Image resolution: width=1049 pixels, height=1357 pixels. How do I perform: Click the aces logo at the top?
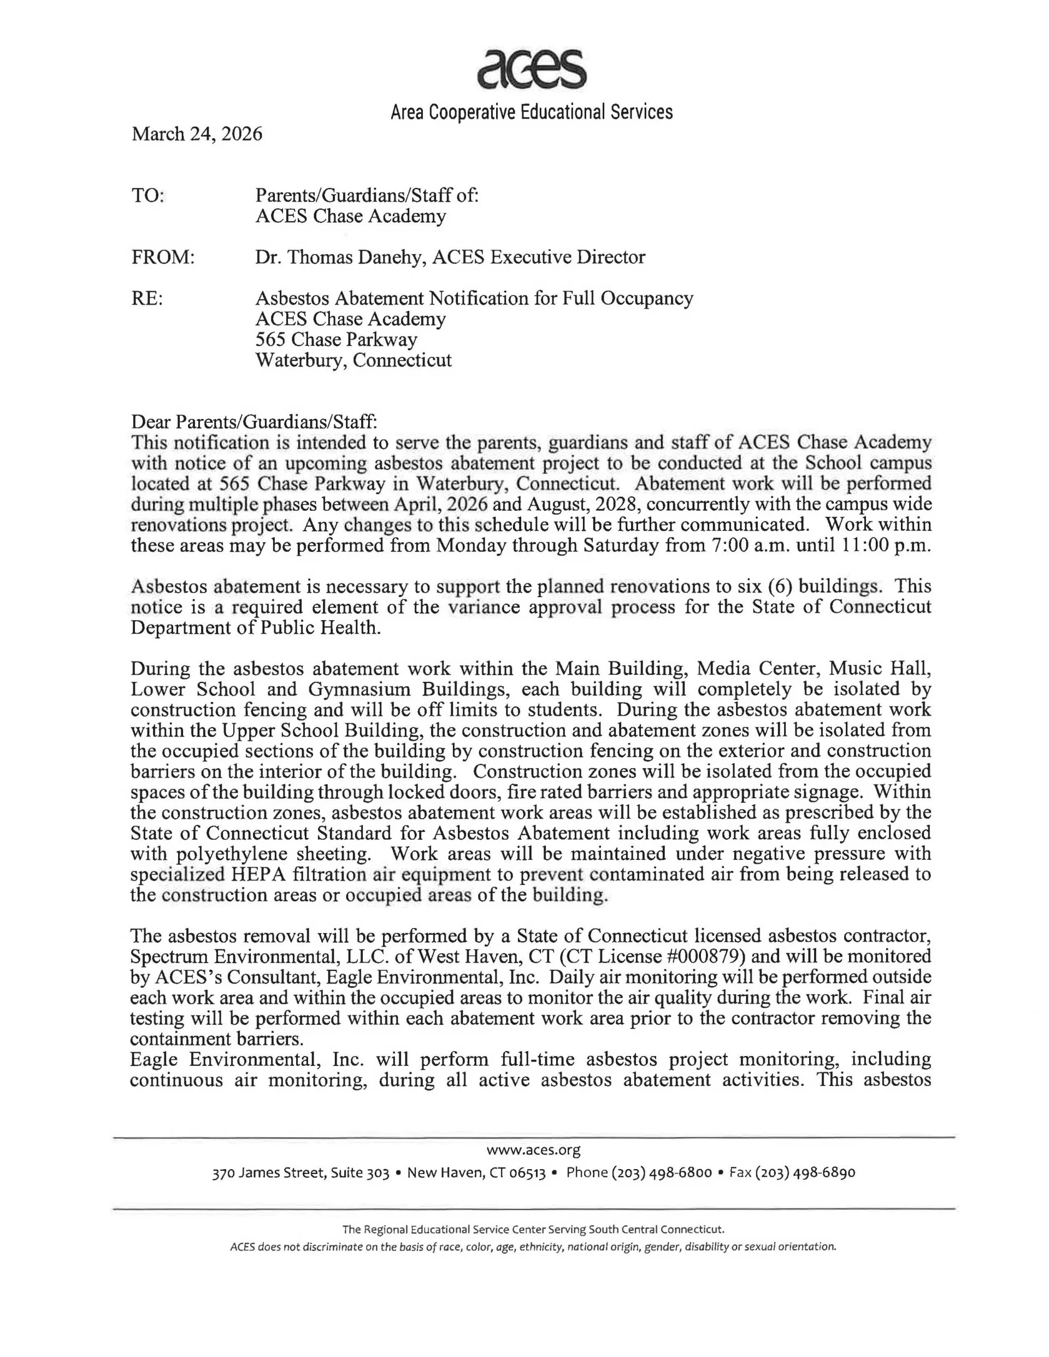(532, 68)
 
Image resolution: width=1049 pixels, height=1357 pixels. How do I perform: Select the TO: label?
(148, 196)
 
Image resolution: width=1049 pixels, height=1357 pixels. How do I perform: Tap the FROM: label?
(163, 257)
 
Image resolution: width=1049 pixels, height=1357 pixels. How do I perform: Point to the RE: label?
(148, 299)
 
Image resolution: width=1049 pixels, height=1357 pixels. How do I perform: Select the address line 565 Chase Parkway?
(336, 340)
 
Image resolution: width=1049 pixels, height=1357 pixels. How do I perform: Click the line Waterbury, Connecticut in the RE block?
(353, 361)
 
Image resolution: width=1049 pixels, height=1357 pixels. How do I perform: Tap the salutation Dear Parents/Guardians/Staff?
(254, 422)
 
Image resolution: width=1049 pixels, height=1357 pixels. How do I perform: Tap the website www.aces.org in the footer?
(533, 1150)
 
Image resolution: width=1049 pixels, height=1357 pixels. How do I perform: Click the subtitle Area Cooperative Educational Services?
(532, 113)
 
